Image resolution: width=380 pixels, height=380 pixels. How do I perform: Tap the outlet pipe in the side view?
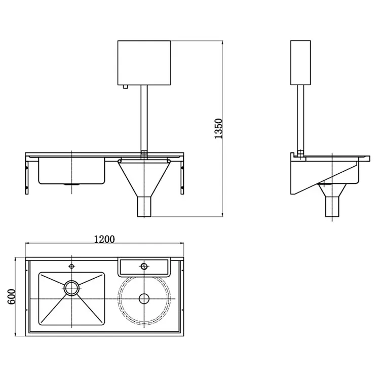pyautogui.click(x=332, y=205)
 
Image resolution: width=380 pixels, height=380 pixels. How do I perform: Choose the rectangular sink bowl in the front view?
pyautogui.click(x=71, y=171)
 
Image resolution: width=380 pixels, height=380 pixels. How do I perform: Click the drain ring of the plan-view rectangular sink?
pyautogui.click(x=71, y=287)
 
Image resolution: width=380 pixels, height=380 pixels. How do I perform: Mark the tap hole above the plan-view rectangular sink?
pyautogui.click(x=71, y=265)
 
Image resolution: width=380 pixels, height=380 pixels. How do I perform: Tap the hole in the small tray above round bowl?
pyautogui.click(x=144, y=266)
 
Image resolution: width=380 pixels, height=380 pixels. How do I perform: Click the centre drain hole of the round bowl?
pyautogui.click(x=144, y=298)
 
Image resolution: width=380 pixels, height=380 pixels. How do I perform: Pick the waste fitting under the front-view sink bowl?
pyautogui.click(x=67, y=185)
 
